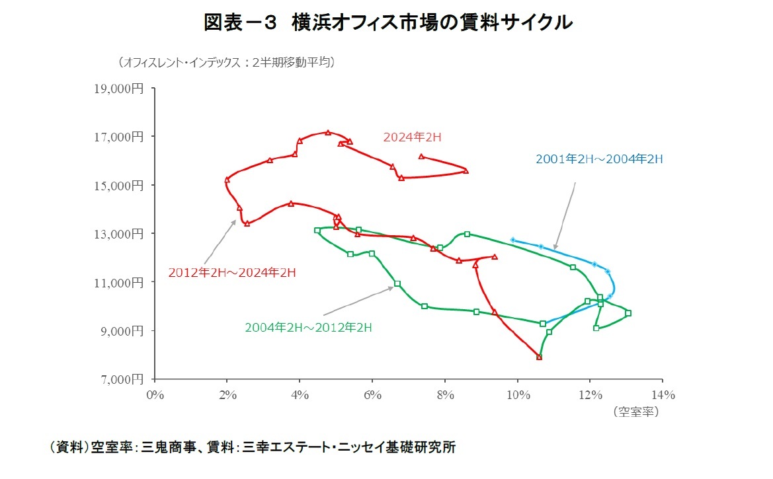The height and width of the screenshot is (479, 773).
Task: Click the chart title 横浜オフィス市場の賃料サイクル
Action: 387,22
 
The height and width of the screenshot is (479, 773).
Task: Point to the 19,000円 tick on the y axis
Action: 122,88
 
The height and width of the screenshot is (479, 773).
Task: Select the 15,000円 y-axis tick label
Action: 122,185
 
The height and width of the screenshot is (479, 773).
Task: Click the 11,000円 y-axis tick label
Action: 122,282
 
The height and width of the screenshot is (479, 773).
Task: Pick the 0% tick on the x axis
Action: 154,395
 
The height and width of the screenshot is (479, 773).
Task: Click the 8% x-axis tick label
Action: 445,395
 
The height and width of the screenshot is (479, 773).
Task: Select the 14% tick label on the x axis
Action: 663,395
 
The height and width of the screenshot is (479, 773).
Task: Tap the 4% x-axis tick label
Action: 300,395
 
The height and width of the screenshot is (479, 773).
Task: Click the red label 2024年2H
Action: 412,137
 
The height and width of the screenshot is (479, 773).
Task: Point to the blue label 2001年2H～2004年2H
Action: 599,159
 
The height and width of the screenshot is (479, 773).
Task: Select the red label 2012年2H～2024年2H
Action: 231,272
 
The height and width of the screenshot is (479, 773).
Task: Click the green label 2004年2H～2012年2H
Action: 308,327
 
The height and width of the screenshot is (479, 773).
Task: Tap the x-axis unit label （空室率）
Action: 635,411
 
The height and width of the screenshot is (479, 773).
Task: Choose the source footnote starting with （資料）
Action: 253,447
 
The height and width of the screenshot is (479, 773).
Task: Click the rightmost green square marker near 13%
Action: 628,313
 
